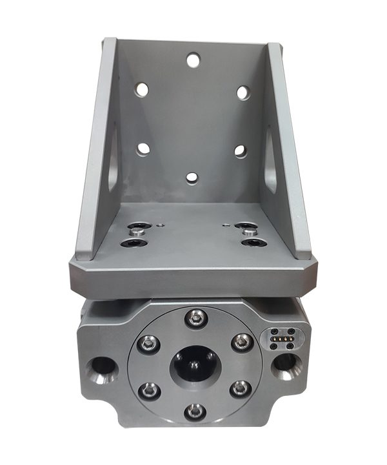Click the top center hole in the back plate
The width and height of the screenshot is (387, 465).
193,60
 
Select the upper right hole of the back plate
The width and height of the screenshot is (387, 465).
243,92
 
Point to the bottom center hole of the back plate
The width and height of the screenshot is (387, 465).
192,178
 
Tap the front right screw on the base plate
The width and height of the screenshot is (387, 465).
252,243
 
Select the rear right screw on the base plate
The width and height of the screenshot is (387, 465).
246,228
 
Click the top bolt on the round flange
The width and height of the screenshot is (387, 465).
195,317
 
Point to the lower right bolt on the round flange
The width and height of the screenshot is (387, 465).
239,387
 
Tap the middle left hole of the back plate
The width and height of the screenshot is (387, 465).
143,149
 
